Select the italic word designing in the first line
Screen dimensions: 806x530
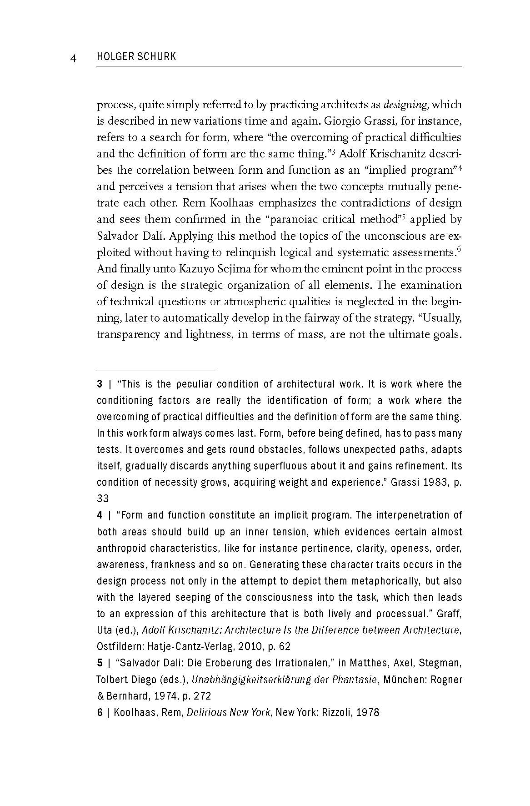(x=406, y=105)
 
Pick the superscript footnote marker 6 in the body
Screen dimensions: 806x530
(x=459, y=248)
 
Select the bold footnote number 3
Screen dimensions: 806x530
(x=100, y=384)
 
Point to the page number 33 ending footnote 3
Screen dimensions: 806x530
(x=103, y=499)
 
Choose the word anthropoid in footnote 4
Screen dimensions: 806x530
(x=121, y=548)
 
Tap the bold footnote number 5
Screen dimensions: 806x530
(x=100, y=663)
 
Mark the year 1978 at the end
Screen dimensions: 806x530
(x=368, y=712)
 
